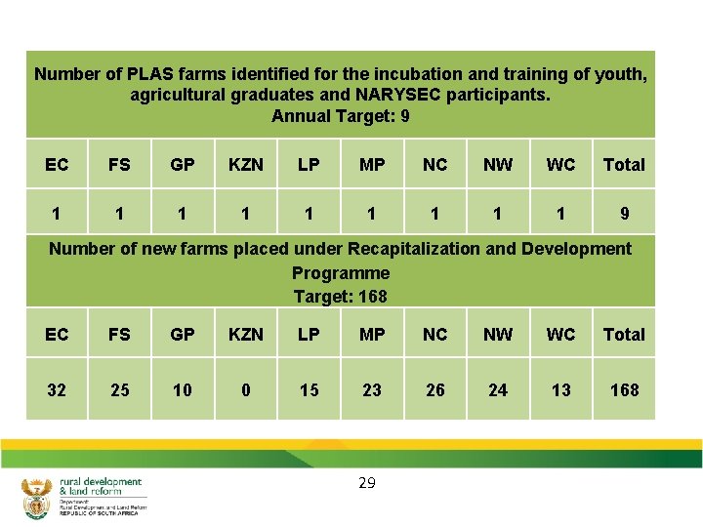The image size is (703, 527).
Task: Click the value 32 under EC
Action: (x=57, y=390)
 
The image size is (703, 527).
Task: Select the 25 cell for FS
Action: (x=119, y=390)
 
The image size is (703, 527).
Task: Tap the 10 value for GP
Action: (x=183, y=390)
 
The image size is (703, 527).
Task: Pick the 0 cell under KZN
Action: (x=245, y=390)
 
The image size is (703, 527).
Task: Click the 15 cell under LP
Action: (x=309, y=390)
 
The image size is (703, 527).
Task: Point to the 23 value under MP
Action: (x=372, y=390)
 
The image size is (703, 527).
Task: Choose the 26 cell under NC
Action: (x=435, y=390)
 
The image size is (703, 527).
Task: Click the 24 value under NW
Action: (x=498, y=390)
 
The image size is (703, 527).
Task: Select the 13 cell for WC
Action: (x=560, y=390)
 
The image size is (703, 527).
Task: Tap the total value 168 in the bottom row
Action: (x=624, y=390)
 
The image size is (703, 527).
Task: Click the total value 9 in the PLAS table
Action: (x=624, y=214)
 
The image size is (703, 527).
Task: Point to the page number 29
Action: (x=367, y=482)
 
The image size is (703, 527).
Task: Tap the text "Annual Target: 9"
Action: (x=340, y=117)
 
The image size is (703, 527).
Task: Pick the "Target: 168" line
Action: (x=340, y=296)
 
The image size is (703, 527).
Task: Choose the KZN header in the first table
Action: (x=245, y=165)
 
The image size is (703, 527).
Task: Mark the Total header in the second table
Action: (x=624, y=335)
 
